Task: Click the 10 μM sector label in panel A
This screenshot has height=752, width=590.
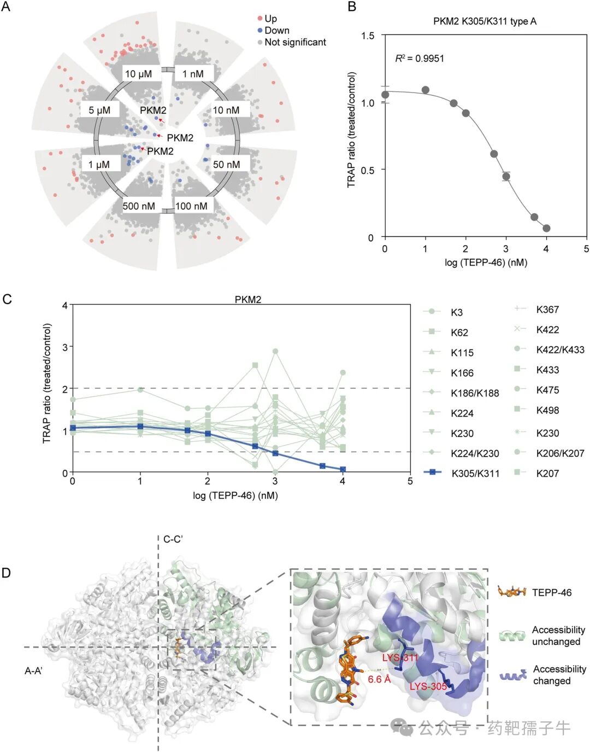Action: [x=138, y=74]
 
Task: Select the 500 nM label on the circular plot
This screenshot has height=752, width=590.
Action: [x=139, y=206]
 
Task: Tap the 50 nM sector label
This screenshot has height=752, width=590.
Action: [x=226, y=165]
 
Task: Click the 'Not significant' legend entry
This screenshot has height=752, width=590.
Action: [x=295, y=42]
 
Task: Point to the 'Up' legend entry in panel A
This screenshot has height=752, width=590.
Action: [x=270, y=19]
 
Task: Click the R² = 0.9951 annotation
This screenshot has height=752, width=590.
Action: [x=420, y=59]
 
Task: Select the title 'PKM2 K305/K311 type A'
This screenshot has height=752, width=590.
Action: [x=485, y=21]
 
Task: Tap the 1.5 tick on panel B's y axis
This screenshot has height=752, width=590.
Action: [x=368, y=36]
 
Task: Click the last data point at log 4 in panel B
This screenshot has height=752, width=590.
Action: [x=546, y=228]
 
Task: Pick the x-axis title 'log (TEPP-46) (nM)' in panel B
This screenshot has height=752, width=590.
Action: [x=486, y=263]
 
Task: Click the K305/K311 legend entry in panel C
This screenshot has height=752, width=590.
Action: [x=475, y=474]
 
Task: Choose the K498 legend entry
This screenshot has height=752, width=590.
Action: [x=547, y=410]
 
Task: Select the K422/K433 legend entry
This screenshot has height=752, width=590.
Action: [x=560, y=349]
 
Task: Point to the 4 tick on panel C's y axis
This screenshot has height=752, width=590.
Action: [x=64, y=305]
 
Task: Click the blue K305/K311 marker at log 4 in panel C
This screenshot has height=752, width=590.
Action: [x=343, y=469]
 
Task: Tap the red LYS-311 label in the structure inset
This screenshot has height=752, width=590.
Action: [x=400, y=658]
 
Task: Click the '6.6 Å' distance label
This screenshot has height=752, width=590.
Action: [x=379, y=679]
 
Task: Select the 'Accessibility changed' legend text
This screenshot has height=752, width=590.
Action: [x=552, y=675]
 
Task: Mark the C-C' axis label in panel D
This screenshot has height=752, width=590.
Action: [x=173, y=539]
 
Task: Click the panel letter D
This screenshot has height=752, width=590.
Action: [x=7, y=573]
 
